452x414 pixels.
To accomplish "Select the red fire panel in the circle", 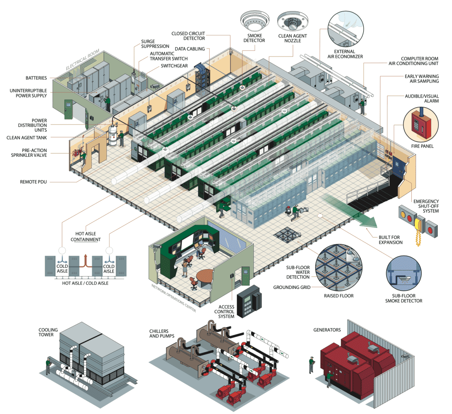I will pyautogui.click(x=420, y=123).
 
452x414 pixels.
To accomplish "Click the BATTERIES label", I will pyautogui.click(x=36, y=78).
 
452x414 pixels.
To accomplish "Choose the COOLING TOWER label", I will pyautogui.click(x=48, y=332).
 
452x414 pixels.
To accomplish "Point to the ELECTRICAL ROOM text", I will pyautogui.click(x=83, y=60).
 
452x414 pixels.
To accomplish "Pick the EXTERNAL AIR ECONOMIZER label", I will pyautogui.click(x=348, y=54).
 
